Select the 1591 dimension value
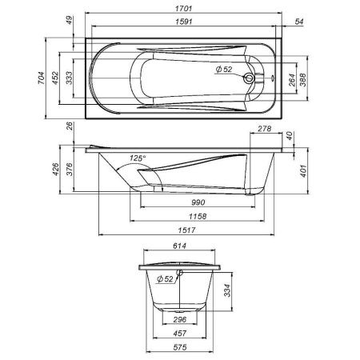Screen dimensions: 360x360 coord(182,23)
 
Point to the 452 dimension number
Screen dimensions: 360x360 coord(54,77)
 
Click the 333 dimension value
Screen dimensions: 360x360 coord(70,77)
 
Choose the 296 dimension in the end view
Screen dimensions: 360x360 coord(180,320)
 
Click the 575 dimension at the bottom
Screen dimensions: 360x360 coord(180,349)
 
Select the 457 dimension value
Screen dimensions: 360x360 coord(180,334)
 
